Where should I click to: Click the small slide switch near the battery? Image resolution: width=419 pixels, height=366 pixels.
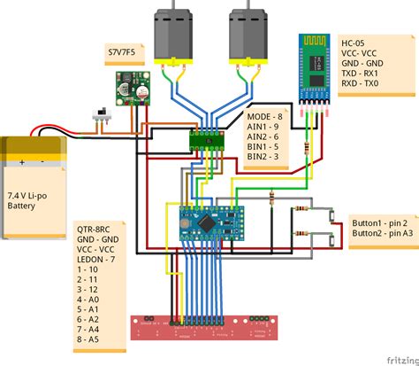(x=100, y=116)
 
